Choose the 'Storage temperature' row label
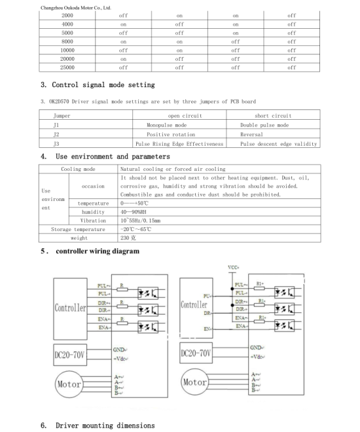tap(79, 230)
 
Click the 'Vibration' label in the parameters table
tap(94, 221)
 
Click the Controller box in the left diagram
tap(70, 307)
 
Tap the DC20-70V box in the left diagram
tap(71, 355)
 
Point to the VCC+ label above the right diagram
tap(233, 267)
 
